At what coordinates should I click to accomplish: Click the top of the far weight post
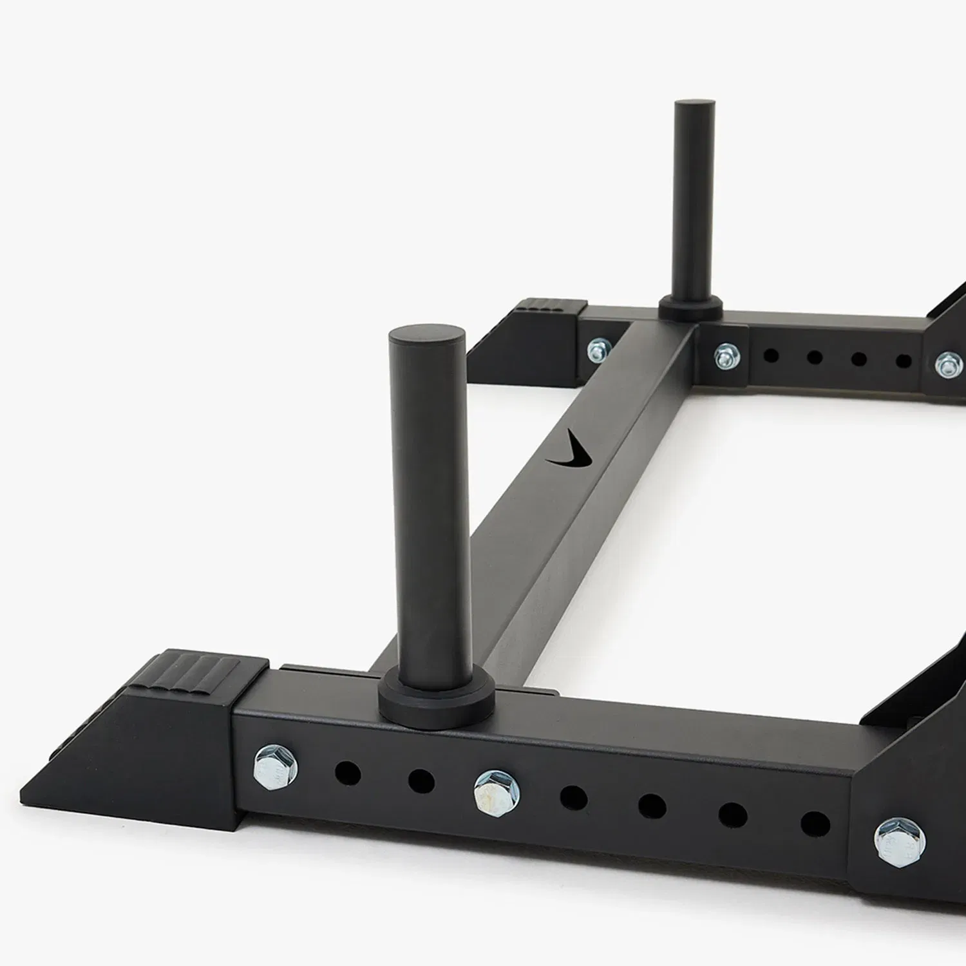(694, 106)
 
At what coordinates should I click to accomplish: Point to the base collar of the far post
(690, 308)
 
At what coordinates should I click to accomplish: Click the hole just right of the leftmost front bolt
(348, 772)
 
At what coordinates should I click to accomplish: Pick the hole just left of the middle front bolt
(421, 781)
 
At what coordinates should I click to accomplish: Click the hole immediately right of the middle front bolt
(573, 797)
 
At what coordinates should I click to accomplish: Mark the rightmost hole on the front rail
(815, 823)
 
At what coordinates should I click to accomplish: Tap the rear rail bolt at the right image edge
(947, 364)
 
